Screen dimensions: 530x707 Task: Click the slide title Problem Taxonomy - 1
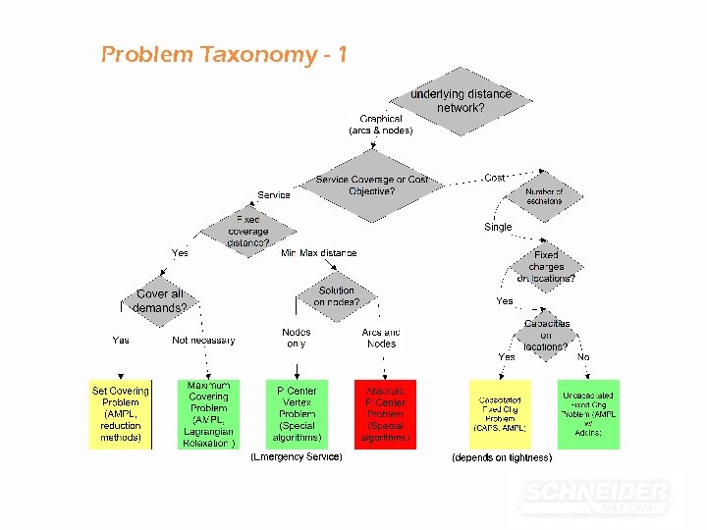click(x=224, y=54)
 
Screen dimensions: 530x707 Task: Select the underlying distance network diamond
click(x=461, y=100)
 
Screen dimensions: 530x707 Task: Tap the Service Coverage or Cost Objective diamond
click(x=372, y=185)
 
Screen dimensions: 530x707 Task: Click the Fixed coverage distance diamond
click(x=247, y=231)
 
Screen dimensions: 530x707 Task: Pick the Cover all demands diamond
click(x=160, y=300)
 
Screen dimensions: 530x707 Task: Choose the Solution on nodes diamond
click(x=337, y=296)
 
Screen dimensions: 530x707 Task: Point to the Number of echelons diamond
click(x=544, y=196)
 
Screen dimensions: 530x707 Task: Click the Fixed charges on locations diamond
click(x=546, y=266)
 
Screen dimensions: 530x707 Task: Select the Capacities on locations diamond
click(x=546, y=335)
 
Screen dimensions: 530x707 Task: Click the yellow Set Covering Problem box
click(x=121, y=414)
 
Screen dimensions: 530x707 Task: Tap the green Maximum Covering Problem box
click(x=208, y=414)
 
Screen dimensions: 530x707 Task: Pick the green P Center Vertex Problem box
click(x=297, y=414)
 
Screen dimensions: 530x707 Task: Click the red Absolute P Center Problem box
click(x=385, y=414)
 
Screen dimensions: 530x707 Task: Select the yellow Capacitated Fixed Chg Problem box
click(x=500, y=414)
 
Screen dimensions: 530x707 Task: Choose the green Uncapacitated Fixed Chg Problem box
click(x=589, y=414)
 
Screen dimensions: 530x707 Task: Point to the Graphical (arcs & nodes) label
click(x=381, y=125)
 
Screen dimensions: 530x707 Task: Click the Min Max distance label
click(x=319, y=253)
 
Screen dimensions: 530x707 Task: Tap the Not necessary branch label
click(x=203, y=341)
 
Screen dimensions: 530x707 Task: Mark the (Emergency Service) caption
click(x=297, y=457)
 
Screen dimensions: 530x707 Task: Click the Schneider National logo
click(x=595, y=496)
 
